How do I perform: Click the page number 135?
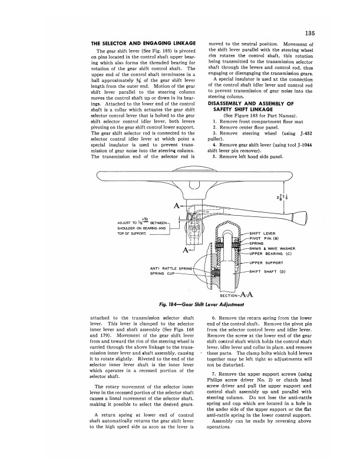tap(309, 33)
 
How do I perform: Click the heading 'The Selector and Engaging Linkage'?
tap(143, 43)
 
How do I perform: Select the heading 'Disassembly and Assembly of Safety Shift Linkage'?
tap(250, 106)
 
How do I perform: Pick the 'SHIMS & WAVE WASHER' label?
tap(272, 248)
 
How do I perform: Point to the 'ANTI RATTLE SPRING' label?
tap(171, 268)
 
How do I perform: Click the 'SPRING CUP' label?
tap(162, 274)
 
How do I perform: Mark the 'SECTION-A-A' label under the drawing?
tap(236, 295)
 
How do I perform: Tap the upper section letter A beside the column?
tap(177, 206)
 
